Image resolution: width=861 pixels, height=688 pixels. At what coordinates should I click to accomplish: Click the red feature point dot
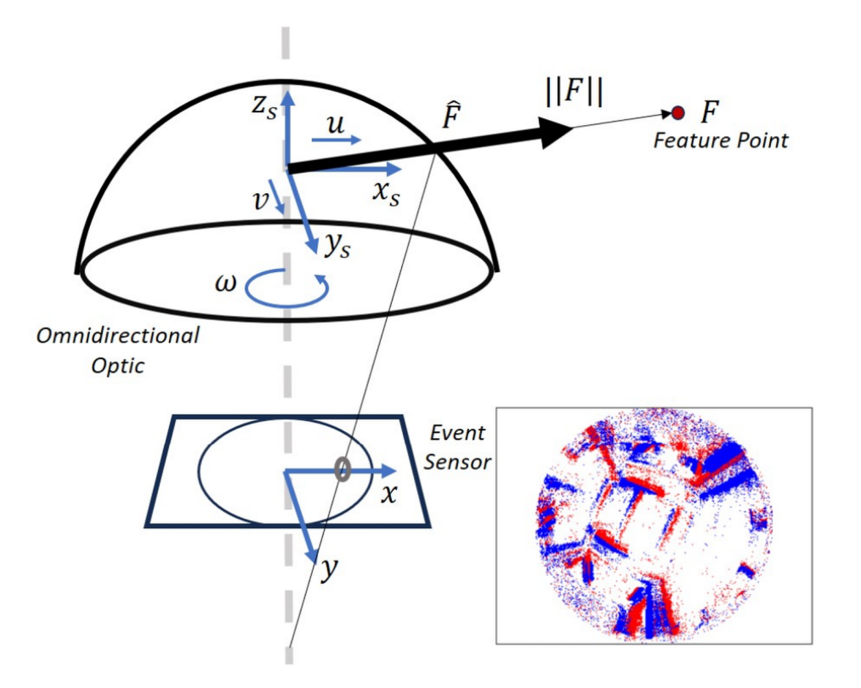(677, 112)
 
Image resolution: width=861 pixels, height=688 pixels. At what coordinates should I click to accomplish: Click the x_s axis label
(387, 190)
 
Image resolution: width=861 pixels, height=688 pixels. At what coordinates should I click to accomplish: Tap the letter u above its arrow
(336, 126)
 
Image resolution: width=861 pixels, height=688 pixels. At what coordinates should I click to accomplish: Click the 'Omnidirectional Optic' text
(117, 348)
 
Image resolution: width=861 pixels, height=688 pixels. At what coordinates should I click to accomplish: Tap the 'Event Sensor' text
(457, 446)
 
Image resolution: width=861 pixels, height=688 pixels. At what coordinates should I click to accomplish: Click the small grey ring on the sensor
(343, 468)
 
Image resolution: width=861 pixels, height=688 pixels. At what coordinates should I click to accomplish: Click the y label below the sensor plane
(327, 571)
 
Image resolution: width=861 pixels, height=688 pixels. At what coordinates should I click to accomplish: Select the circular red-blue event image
(654, 526)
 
